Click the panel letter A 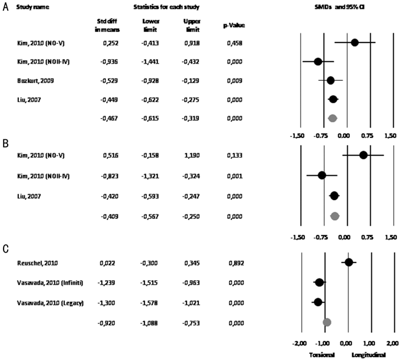5,7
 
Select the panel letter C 5,249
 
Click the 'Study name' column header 32,7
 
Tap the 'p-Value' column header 234,25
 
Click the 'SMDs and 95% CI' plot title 339,7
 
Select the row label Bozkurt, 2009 35,81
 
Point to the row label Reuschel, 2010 37,263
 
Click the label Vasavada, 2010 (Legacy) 50,303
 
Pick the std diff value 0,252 110,43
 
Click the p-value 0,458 235,43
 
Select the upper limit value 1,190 192,155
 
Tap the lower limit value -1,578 149,303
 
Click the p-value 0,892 237,263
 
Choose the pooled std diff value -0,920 106,323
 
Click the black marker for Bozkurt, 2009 331,81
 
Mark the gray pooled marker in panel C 327,322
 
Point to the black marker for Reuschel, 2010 349,262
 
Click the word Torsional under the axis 322,355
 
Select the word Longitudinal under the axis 369,355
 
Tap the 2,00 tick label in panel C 392,343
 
